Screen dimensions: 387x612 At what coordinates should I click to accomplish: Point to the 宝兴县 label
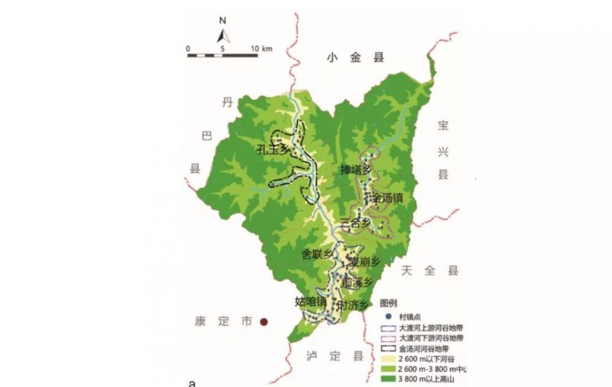tap(443, 150)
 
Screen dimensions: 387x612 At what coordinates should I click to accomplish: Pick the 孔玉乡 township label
tap(272, 149)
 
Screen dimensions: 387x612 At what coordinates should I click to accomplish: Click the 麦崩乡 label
tap(365, 262)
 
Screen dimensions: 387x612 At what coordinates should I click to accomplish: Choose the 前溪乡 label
tap(357, 282)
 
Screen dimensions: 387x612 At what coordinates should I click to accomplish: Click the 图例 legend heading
tap(389, 303)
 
